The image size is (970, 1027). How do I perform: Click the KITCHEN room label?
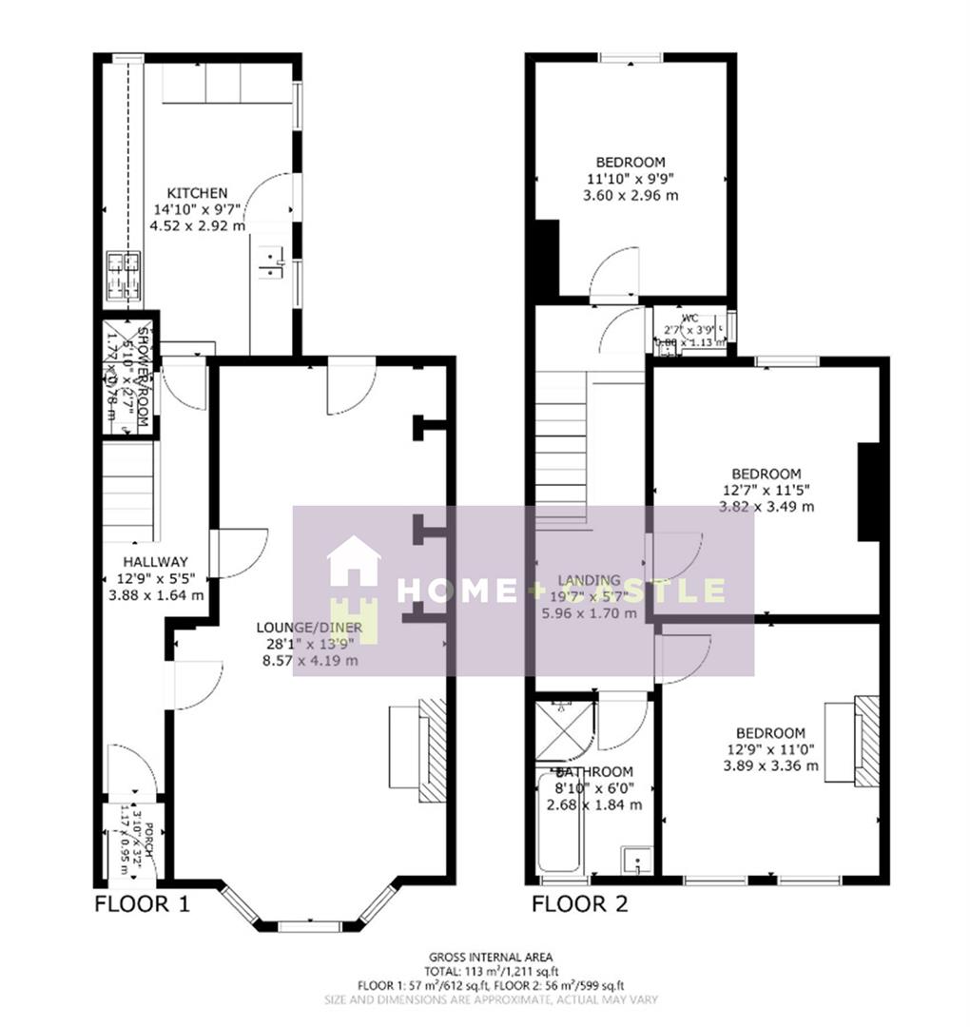(197, 193)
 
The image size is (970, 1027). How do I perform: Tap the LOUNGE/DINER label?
(306, 627)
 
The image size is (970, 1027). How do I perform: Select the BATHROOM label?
(595, 771)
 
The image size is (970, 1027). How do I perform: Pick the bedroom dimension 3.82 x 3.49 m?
(766, 507)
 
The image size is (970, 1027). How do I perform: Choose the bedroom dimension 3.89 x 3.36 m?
(770, 765)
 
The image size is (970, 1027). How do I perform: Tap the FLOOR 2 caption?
(580, 904)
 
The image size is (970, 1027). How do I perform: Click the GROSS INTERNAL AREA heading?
(491, 957)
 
